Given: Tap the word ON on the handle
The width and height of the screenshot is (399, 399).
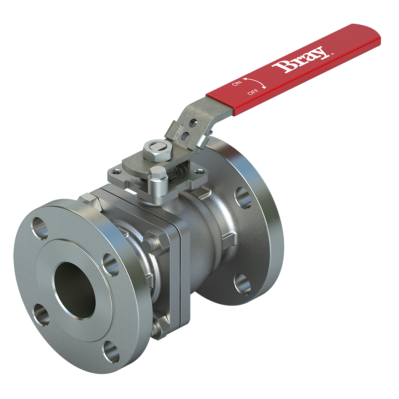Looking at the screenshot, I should (237, 83).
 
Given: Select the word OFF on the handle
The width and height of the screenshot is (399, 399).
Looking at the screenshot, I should (253, 91).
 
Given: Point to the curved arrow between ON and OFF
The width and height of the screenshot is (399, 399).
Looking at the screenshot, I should (255, 82).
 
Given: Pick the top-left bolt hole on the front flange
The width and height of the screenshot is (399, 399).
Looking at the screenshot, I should (40, 227).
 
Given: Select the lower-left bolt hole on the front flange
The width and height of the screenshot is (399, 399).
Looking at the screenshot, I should (41, 315).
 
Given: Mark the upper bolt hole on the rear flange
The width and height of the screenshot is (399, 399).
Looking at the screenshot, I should (243, 198).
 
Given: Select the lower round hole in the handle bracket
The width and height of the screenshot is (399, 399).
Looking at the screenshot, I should (185, 136).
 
